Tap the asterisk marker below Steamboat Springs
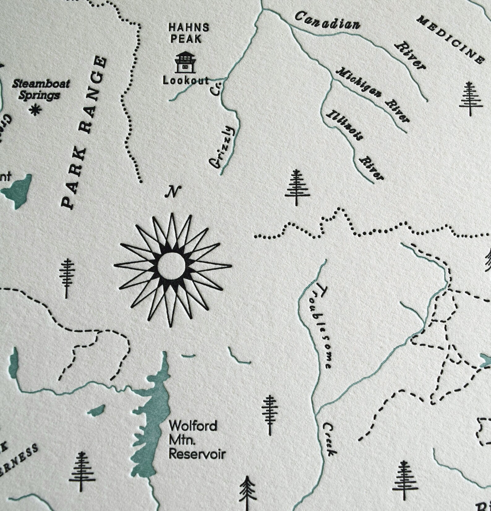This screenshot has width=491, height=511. tap(36, 110)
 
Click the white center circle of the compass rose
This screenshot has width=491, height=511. tap(171, 265)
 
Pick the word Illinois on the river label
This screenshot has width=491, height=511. tap(343, 125)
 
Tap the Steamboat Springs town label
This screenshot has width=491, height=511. tap(41, 89)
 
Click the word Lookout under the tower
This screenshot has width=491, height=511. tap(186, 81)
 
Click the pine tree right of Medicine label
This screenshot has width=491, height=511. tap(470, 99)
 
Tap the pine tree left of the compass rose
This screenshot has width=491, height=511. tap(67, 278)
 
